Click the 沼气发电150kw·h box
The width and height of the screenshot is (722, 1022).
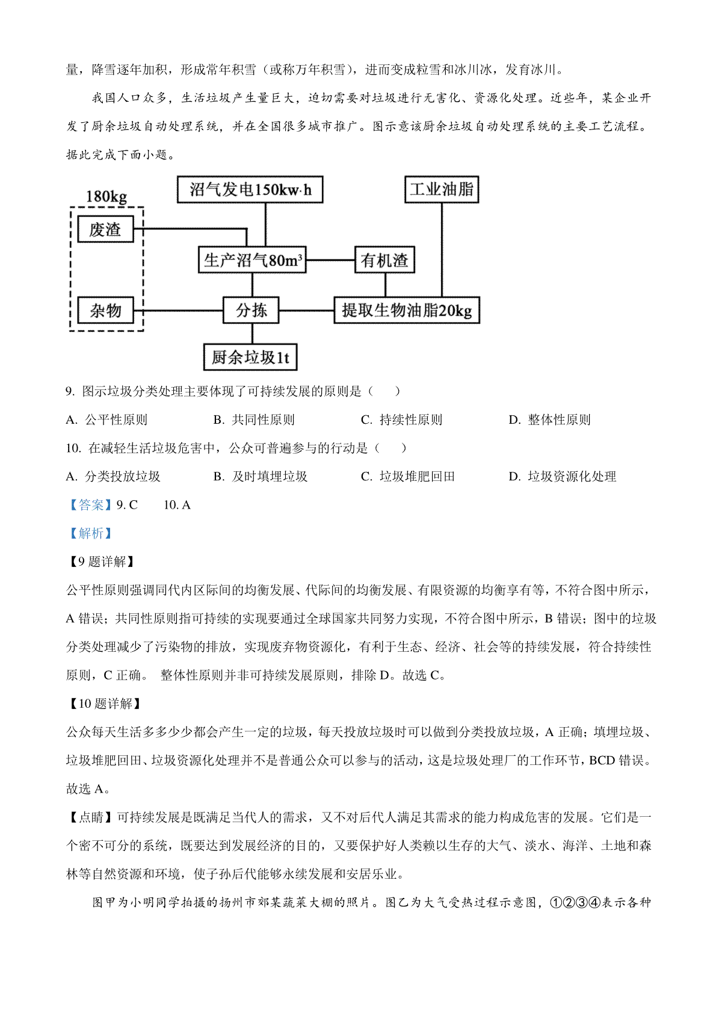(x=250, y=190)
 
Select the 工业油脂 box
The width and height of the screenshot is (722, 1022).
(x=442, y=190)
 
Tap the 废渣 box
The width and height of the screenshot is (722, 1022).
(x=105, y=229)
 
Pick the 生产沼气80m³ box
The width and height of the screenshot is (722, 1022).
(x=252, y=260)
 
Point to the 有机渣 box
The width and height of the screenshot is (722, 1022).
(x=384, y=260)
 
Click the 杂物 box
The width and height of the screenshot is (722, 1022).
(x=105, y=310)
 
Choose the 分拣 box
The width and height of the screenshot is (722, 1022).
(x=251, y=310)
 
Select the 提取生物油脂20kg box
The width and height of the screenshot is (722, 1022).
(x=407, y=310)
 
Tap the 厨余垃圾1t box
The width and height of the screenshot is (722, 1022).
(x=250, y=357)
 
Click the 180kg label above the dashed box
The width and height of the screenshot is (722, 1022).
(x=106, y=197)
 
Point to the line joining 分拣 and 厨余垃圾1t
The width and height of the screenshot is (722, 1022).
(x=252, y=333)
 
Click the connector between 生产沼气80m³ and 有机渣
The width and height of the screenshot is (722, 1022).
(x=331, y=260)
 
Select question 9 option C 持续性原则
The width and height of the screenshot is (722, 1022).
(x=401, y=420)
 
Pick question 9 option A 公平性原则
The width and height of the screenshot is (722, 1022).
(x=106, y=420)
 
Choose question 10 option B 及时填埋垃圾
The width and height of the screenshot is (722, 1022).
(x=261, y=476)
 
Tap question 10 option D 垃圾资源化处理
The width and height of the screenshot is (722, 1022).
(x=563, y=476)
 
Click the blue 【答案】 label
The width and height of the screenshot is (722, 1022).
(x=91, y=504)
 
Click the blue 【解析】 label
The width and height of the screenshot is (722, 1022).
(x=91, y=533)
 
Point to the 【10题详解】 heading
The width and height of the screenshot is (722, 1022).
(x=105, y=704)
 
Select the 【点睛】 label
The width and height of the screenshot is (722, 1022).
(x=91, y=817)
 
